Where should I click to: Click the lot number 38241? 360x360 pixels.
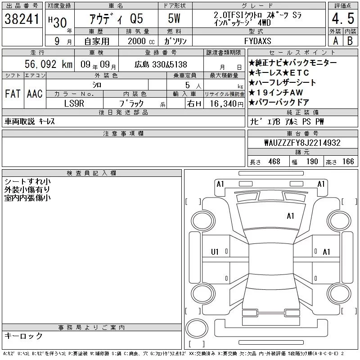pyautogui.click(x=22, y=19)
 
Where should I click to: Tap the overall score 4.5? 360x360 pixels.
pyautogui.click(x=343, y=18)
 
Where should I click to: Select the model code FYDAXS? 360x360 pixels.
pyautogui.click(x=257, y=41)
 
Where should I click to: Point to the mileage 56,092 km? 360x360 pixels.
pyautogui.click(x=49, y=64)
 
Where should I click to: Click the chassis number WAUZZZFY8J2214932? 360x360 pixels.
pyautogui.click(x=302, y=143)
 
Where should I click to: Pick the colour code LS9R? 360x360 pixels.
pyautogui.click(x=74, y=103)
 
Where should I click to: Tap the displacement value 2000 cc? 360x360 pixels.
pyautogui.click(x=141, y=41)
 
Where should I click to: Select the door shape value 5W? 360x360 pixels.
pyautogui.click(x=174, y=18)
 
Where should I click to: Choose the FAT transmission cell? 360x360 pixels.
pyautogui.click(x=13, y=94)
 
